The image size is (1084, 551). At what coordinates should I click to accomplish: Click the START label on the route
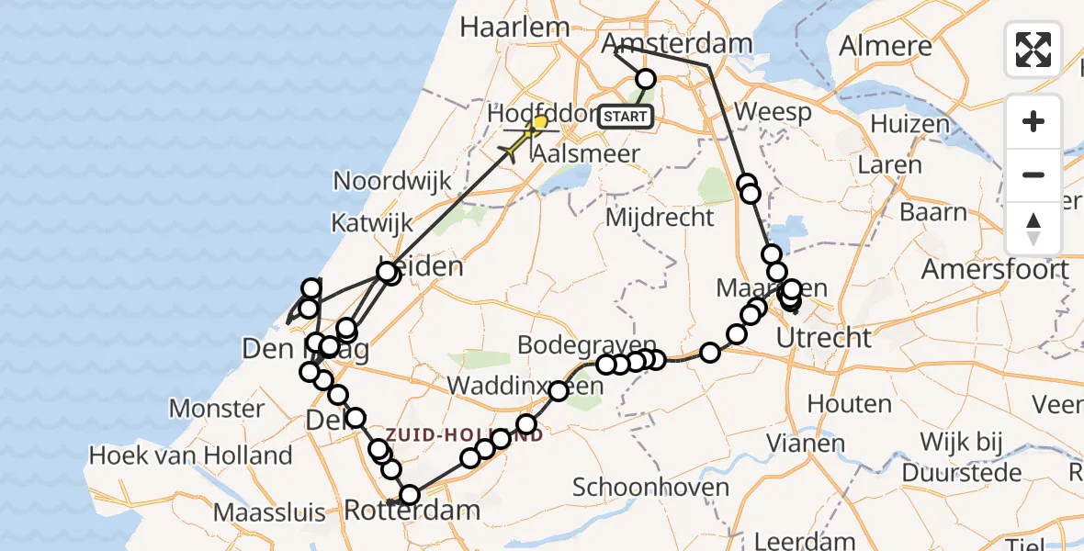[626, 117]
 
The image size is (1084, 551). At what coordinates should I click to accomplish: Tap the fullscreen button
[1033, 50]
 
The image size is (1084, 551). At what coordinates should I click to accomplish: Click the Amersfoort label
[995, 269]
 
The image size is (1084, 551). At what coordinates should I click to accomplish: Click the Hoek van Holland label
[190, 455]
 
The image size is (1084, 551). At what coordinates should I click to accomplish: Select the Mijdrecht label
[660, 218]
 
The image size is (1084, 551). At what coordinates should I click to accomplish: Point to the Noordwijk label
[392, 180]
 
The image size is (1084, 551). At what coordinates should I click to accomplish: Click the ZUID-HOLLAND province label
[464, 434]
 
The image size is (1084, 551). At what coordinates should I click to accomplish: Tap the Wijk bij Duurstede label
[972, 457]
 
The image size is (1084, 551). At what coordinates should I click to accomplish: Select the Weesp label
[773, 113]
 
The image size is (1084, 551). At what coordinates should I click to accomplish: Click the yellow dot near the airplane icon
[540, 122]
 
